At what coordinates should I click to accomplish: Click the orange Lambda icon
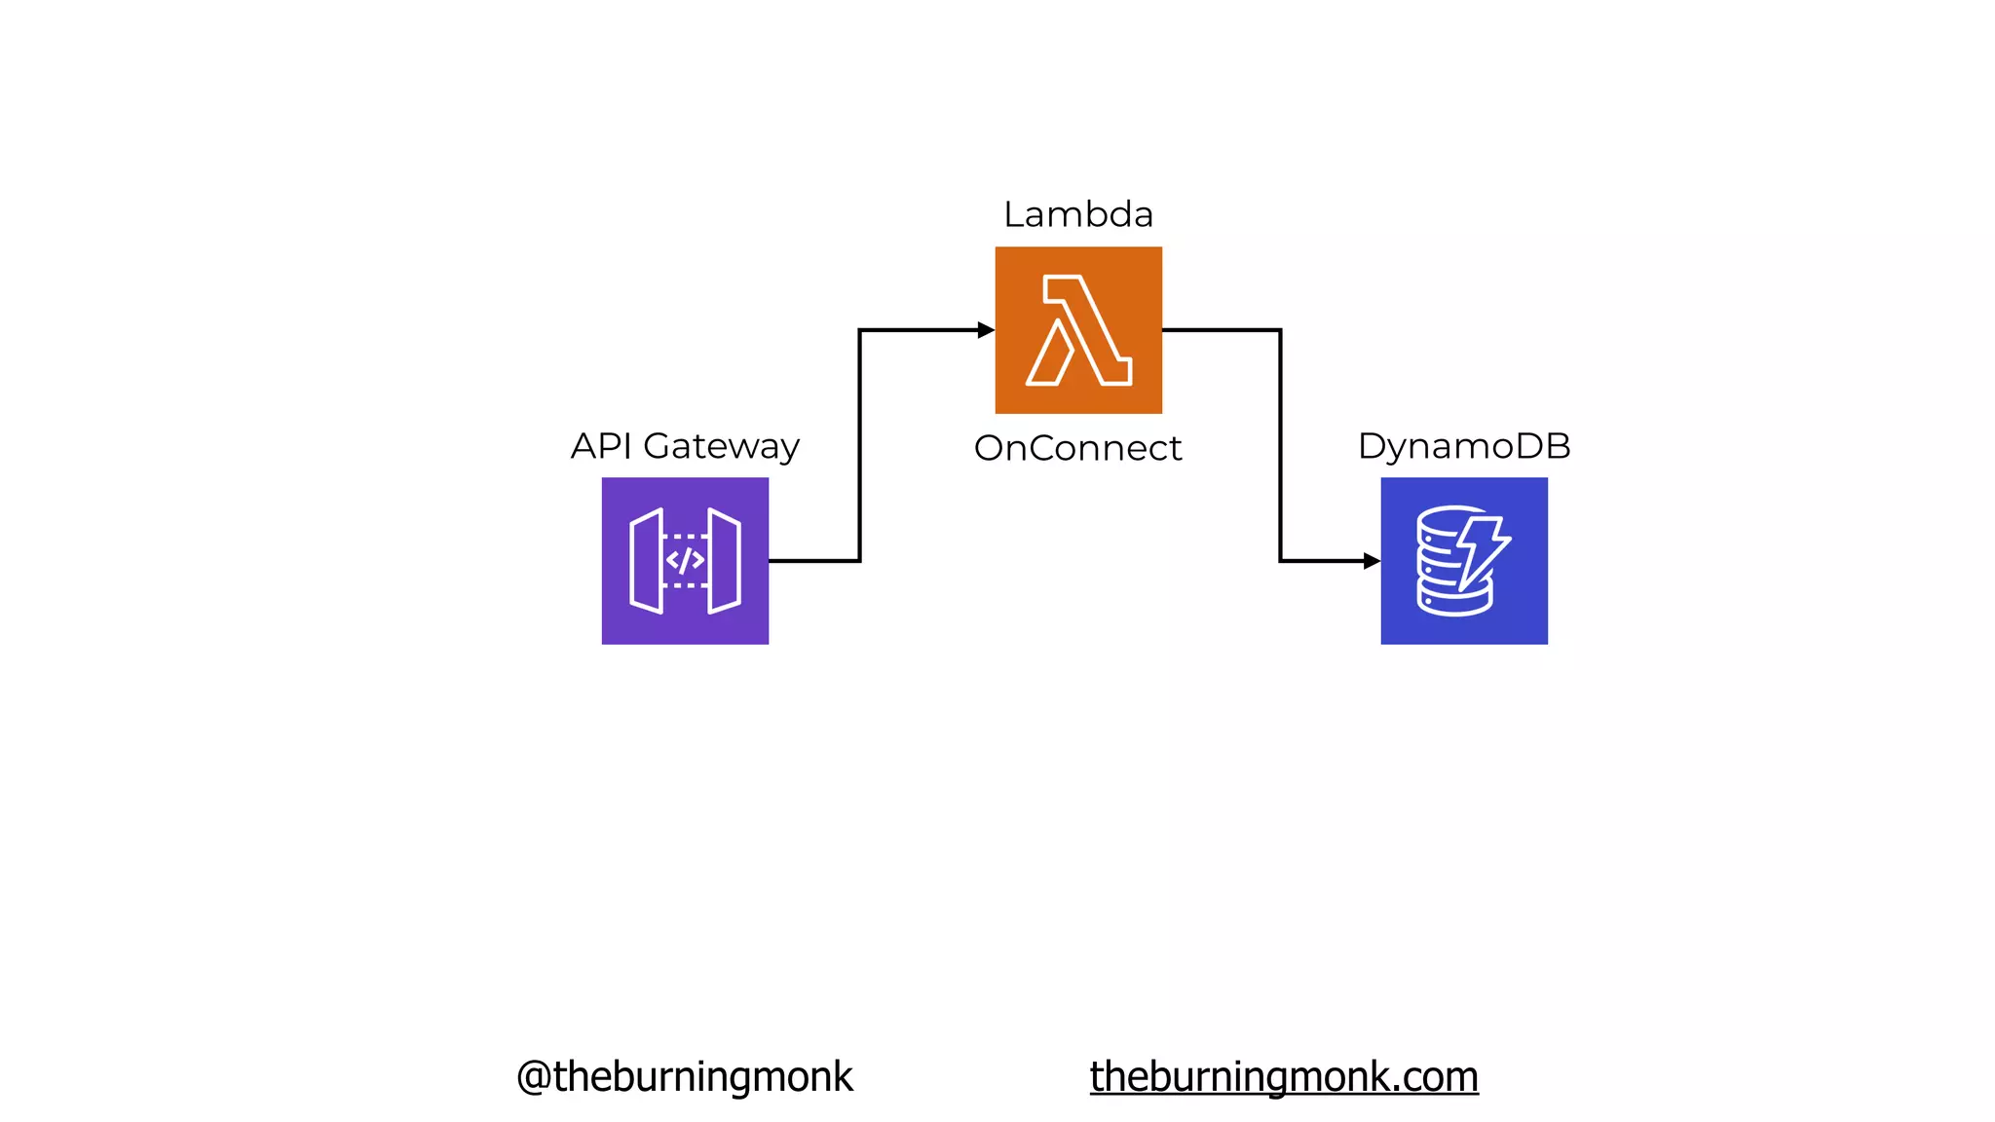pos(1078,330)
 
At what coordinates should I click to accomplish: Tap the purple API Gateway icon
pos(685,561)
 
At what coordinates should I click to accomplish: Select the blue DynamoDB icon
pos(1464,561)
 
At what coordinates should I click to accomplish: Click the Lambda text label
pos(1078,214)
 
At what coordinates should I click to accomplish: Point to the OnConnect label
pos(1077,448)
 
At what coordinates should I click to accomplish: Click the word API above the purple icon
pos(601,446)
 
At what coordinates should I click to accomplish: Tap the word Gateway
pos(721,447)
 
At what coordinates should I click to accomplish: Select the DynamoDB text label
pos(1464,446)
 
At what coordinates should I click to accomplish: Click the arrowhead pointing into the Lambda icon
pos(986,330)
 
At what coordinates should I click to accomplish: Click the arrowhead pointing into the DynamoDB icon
pos(1372,561)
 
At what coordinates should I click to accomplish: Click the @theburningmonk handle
pos(685,1076)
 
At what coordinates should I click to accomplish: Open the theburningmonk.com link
pos(1284,1076)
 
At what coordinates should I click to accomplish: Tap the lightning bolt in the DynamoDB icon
pos(1482,551)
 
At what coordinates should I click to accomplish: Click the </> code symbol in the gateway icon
pos(685,561)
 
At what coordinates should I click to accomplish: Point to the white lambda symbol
pos(1078,330)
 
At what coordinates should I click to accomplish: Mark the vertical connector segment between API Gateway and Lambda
pos(859,446)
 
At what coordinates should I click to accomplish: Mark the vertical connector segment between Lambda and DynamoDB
pos(1280,446)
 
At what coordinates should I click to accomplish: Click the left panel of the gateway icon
pos(646,561)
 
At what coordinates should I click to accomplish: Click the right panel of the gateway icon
pos(725,561)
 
